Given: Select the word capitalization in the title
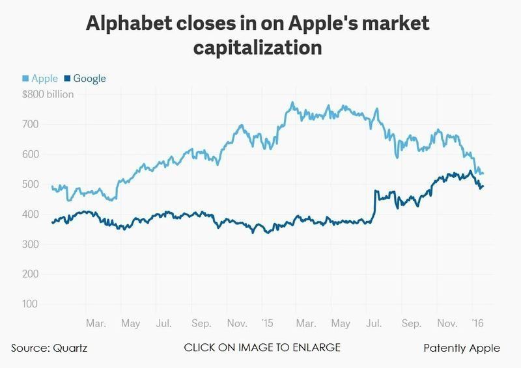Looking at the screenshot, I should (x=260, y=49).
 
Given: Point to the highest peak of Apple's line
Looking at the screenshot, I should (x=292, y=102).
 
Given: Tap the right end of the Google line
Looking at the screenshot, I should (x=483, y=187).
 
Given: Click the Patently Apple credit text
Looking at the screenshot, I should (x=462, y=348).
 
